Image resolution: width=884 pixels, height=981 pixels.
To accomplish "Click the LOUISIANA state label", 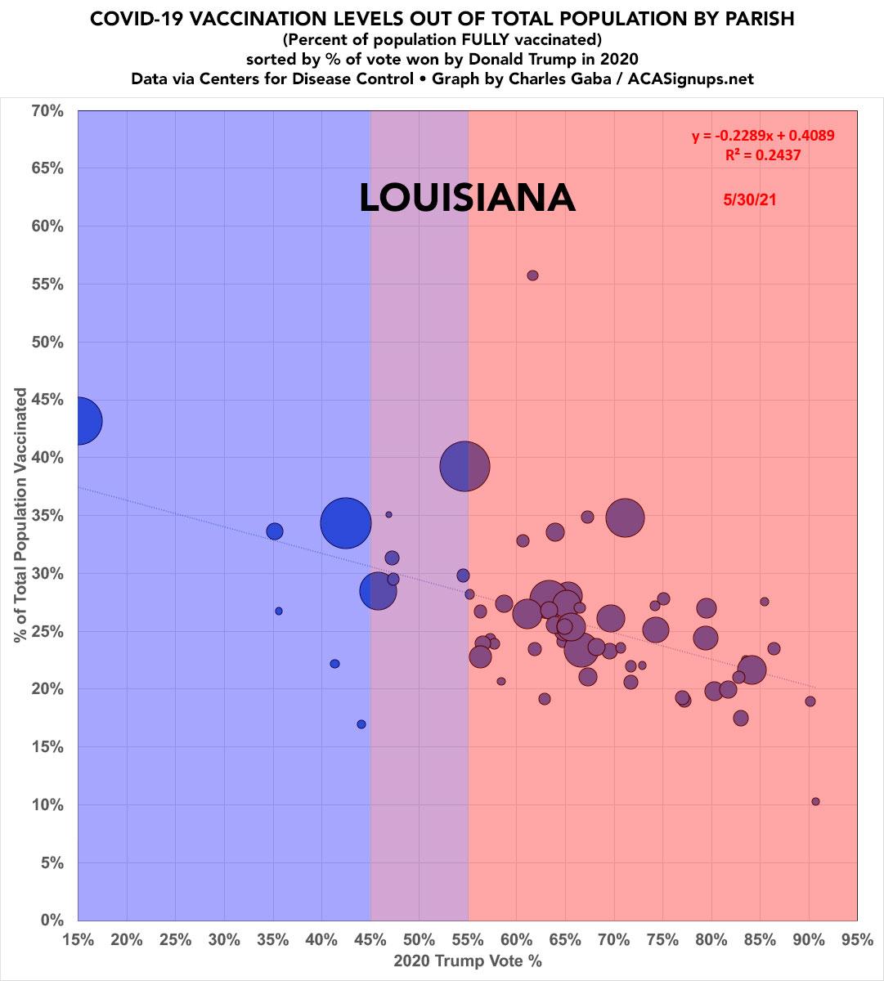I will pos(467,199).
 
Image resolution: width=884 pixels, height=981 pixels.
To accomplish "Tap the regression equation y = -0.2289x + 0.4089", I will pos(763,136).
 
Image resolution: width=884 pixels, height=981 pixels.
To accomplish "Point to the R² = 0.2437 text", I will pos(763,155).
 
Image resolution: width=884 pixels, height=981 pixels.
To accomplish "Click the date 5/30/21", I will pos(749,199).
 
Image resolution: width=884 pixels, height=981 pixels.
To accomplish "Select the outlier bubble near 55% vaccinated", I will pos(532,275).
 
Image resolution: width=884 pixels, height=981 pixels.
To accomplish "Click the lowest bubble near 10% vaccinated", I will pos(815,802).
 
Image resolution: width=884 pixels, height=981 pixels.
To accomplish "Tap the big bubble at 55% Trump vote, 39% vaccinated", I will pos(464,466).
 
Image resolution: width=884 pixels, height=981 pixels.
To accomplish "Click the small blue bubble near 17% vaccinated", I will pos(361,724).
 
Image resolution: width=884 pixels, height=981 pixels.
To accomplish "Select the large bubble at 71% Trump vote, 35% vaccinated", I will pos(626,517).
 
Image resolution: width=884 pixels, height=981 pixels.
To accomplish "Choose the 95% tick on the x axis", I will pos(857,940).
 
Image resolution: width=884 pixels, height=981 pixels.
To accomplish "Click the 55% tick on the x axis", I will pos(468,940).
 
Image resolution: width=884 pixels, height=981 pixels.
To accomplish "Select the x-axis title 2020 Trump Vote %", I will pos(468,962).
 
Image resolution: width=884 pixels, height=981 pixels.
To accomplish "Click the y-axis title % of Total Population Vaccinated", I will pos(20,515).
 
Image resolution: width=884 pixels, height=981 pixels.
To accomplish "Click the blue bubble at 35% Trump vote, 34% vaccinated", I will pos(275,531).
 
